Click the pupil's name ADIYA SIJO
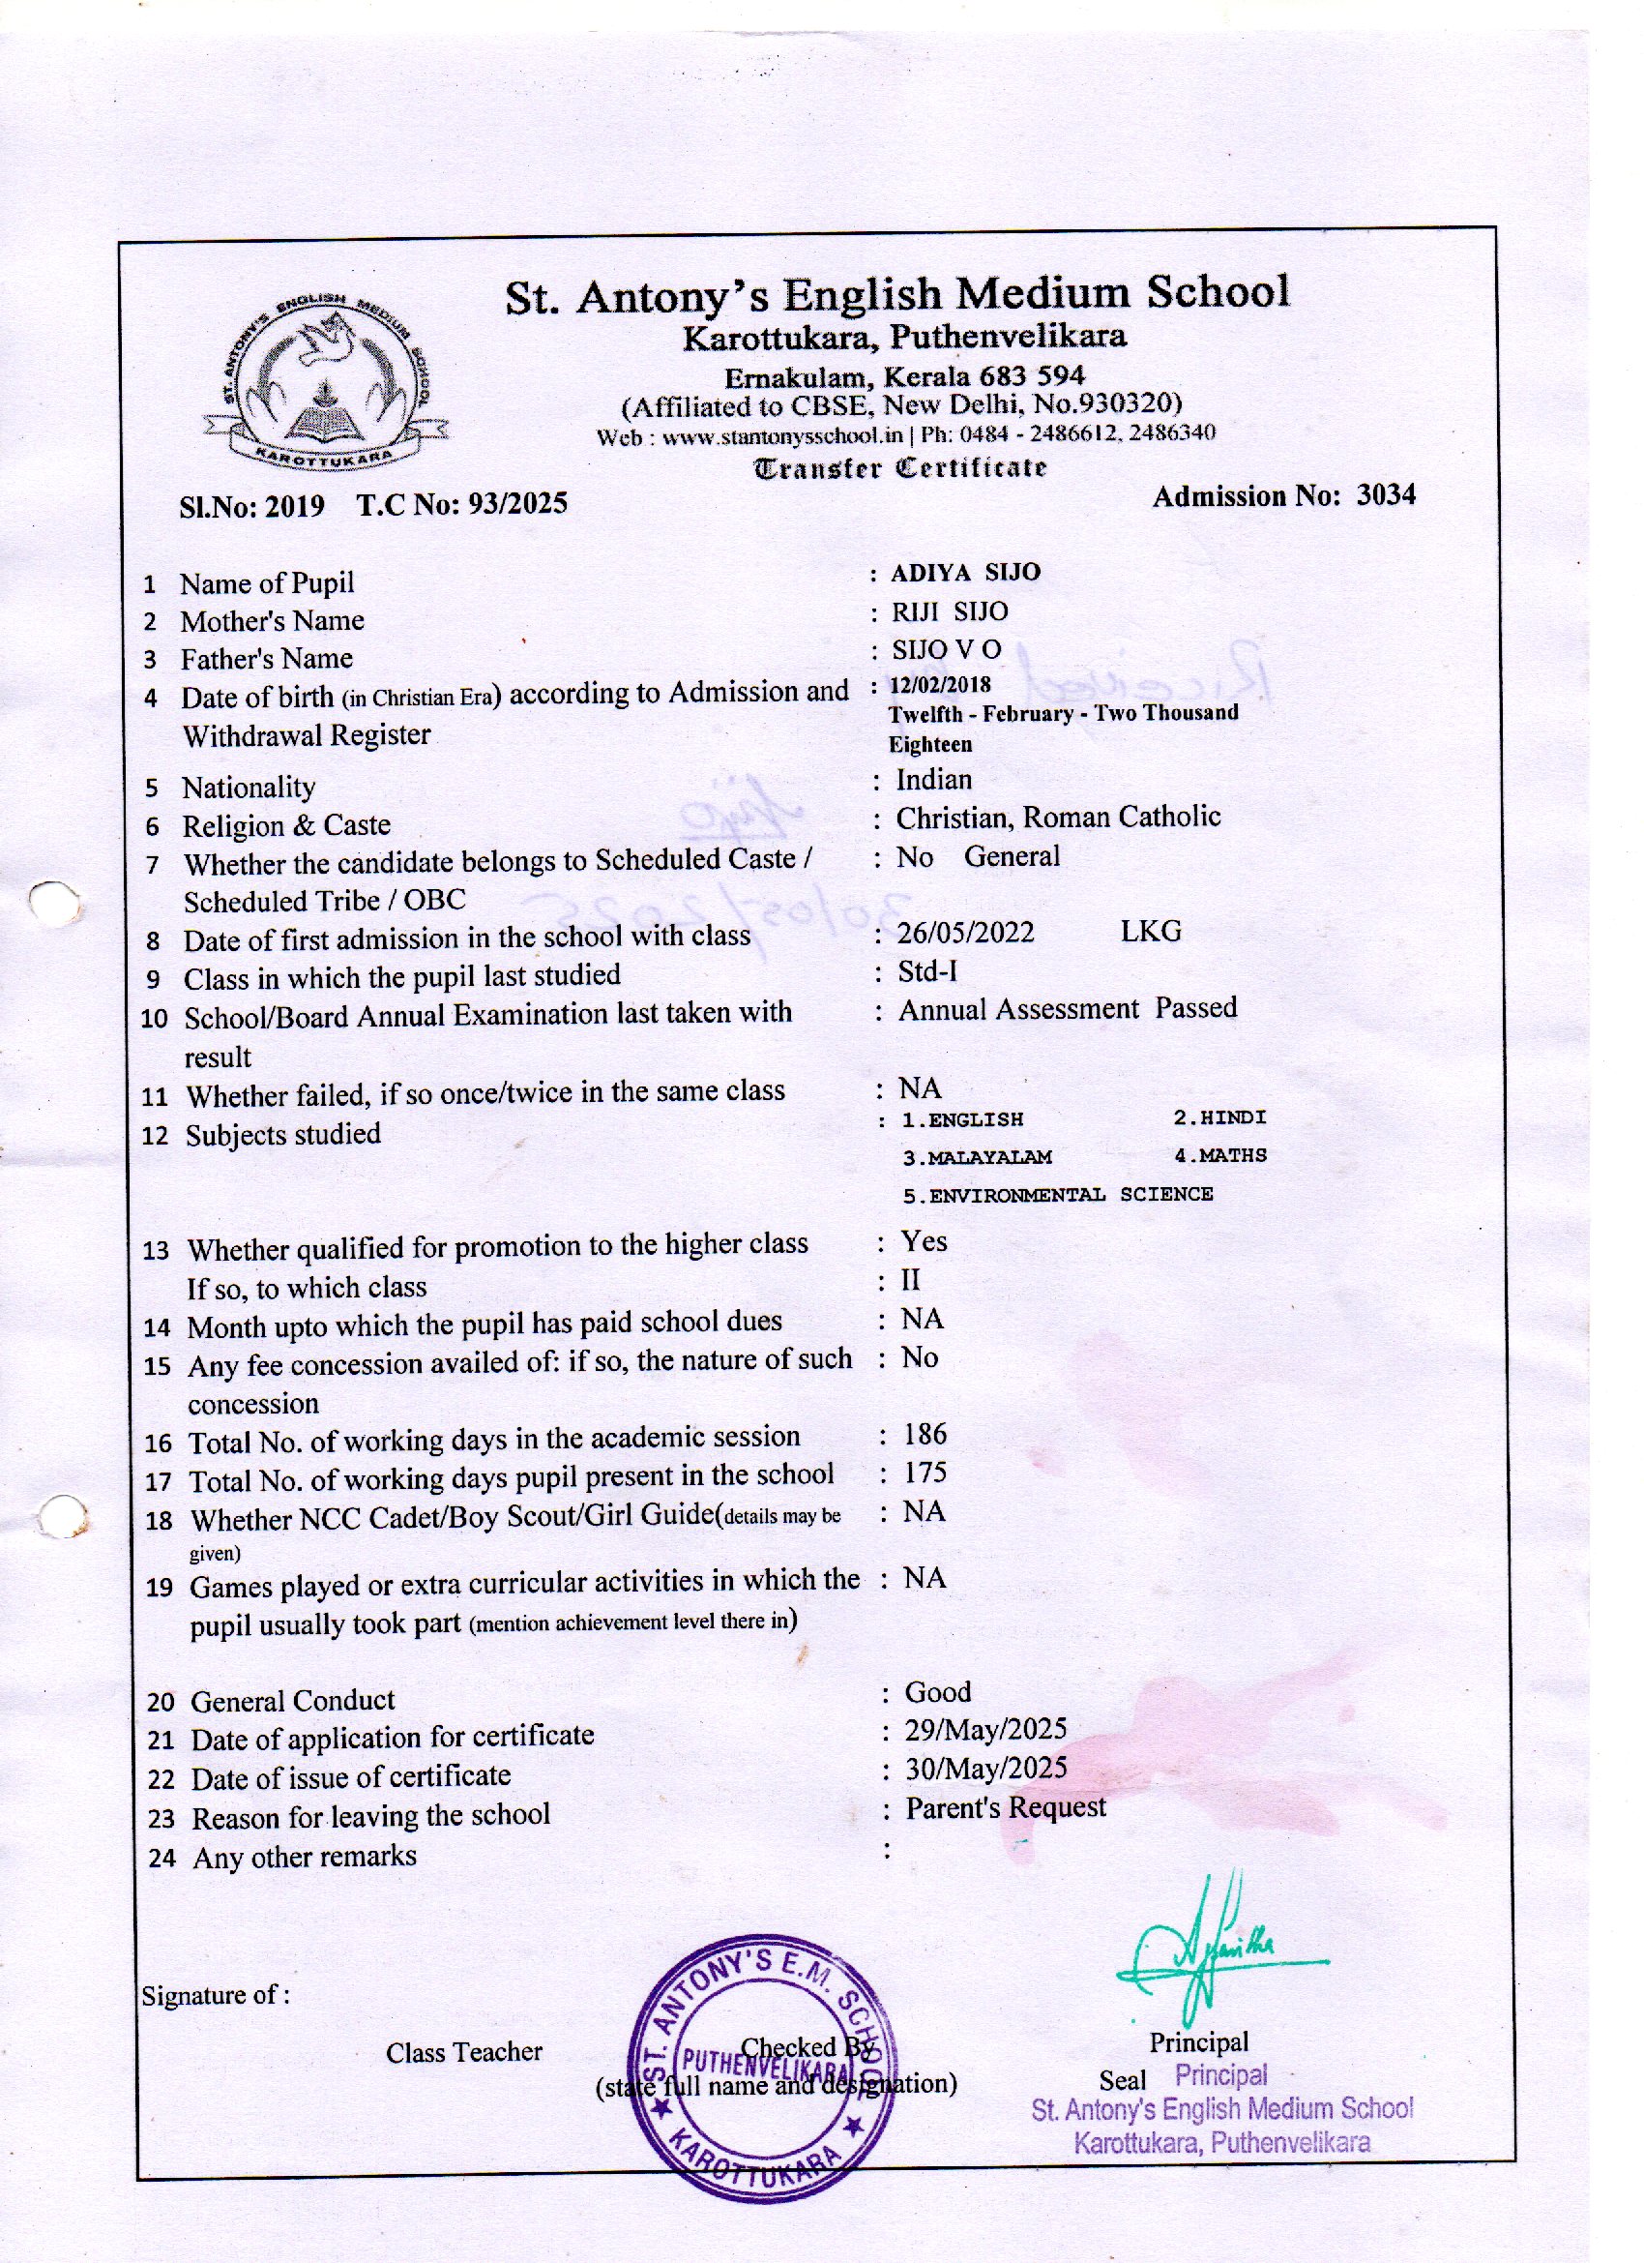click(965, 572)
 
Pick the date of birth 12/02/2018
click(941, 684)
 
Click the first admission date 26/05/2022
click(966, 932)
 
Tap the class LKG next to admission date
click(1150, 931)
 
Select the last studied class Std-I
click(926, 970)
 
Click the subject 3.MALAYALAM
click(977, 1157)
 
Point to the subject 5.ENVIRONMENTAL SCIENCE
click(1057, 1194)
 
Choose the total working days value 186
click(925, 1435)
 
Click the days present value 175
click(925, 1474)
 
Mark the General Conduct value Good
click(938, 1692)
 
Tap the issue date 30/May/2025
click(985, 1770)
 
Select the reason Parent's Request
click(1006, 1808)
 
